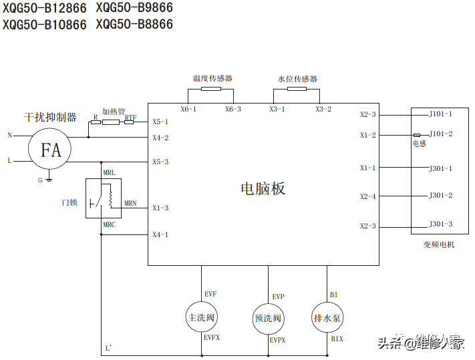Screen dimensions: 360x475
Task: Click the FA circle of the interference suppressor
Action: click(x=51, y=150)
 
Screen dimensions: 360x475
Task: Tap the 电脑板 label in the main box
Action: click(x=263, y=188)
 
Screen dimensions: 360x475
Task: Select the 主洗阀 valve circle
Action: click(x=202, y=317)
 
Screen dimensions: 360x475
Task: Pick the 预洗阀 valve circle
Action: click(x=269, y=317)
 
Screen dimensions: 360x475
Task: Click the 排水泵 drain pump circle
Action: click(x=327, y=317)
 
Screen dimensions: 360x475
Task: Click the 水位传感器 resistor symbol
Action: click(x=297, y=88)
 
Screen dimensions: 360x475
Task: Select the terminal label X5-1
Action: click(x=160, y=122)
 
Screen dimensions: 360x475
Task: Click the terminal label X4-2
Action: click(x=160, y=138)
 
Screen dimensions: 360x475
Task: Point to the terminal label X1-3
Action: click(x=160, y=208)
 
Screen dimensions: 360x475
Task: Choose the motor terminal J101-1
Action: click(x=440, y=114)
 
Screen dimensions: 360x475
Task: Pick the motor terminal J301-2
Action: click(x=440, y=196)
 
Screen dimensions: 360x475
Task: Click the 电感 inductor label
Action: click(x=419, y=144)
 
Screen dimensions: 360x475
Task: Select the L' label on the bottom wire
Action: click(x=109, y=348)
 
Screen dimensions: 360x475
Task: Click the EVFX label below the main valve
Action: click(x=212, y=339)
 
